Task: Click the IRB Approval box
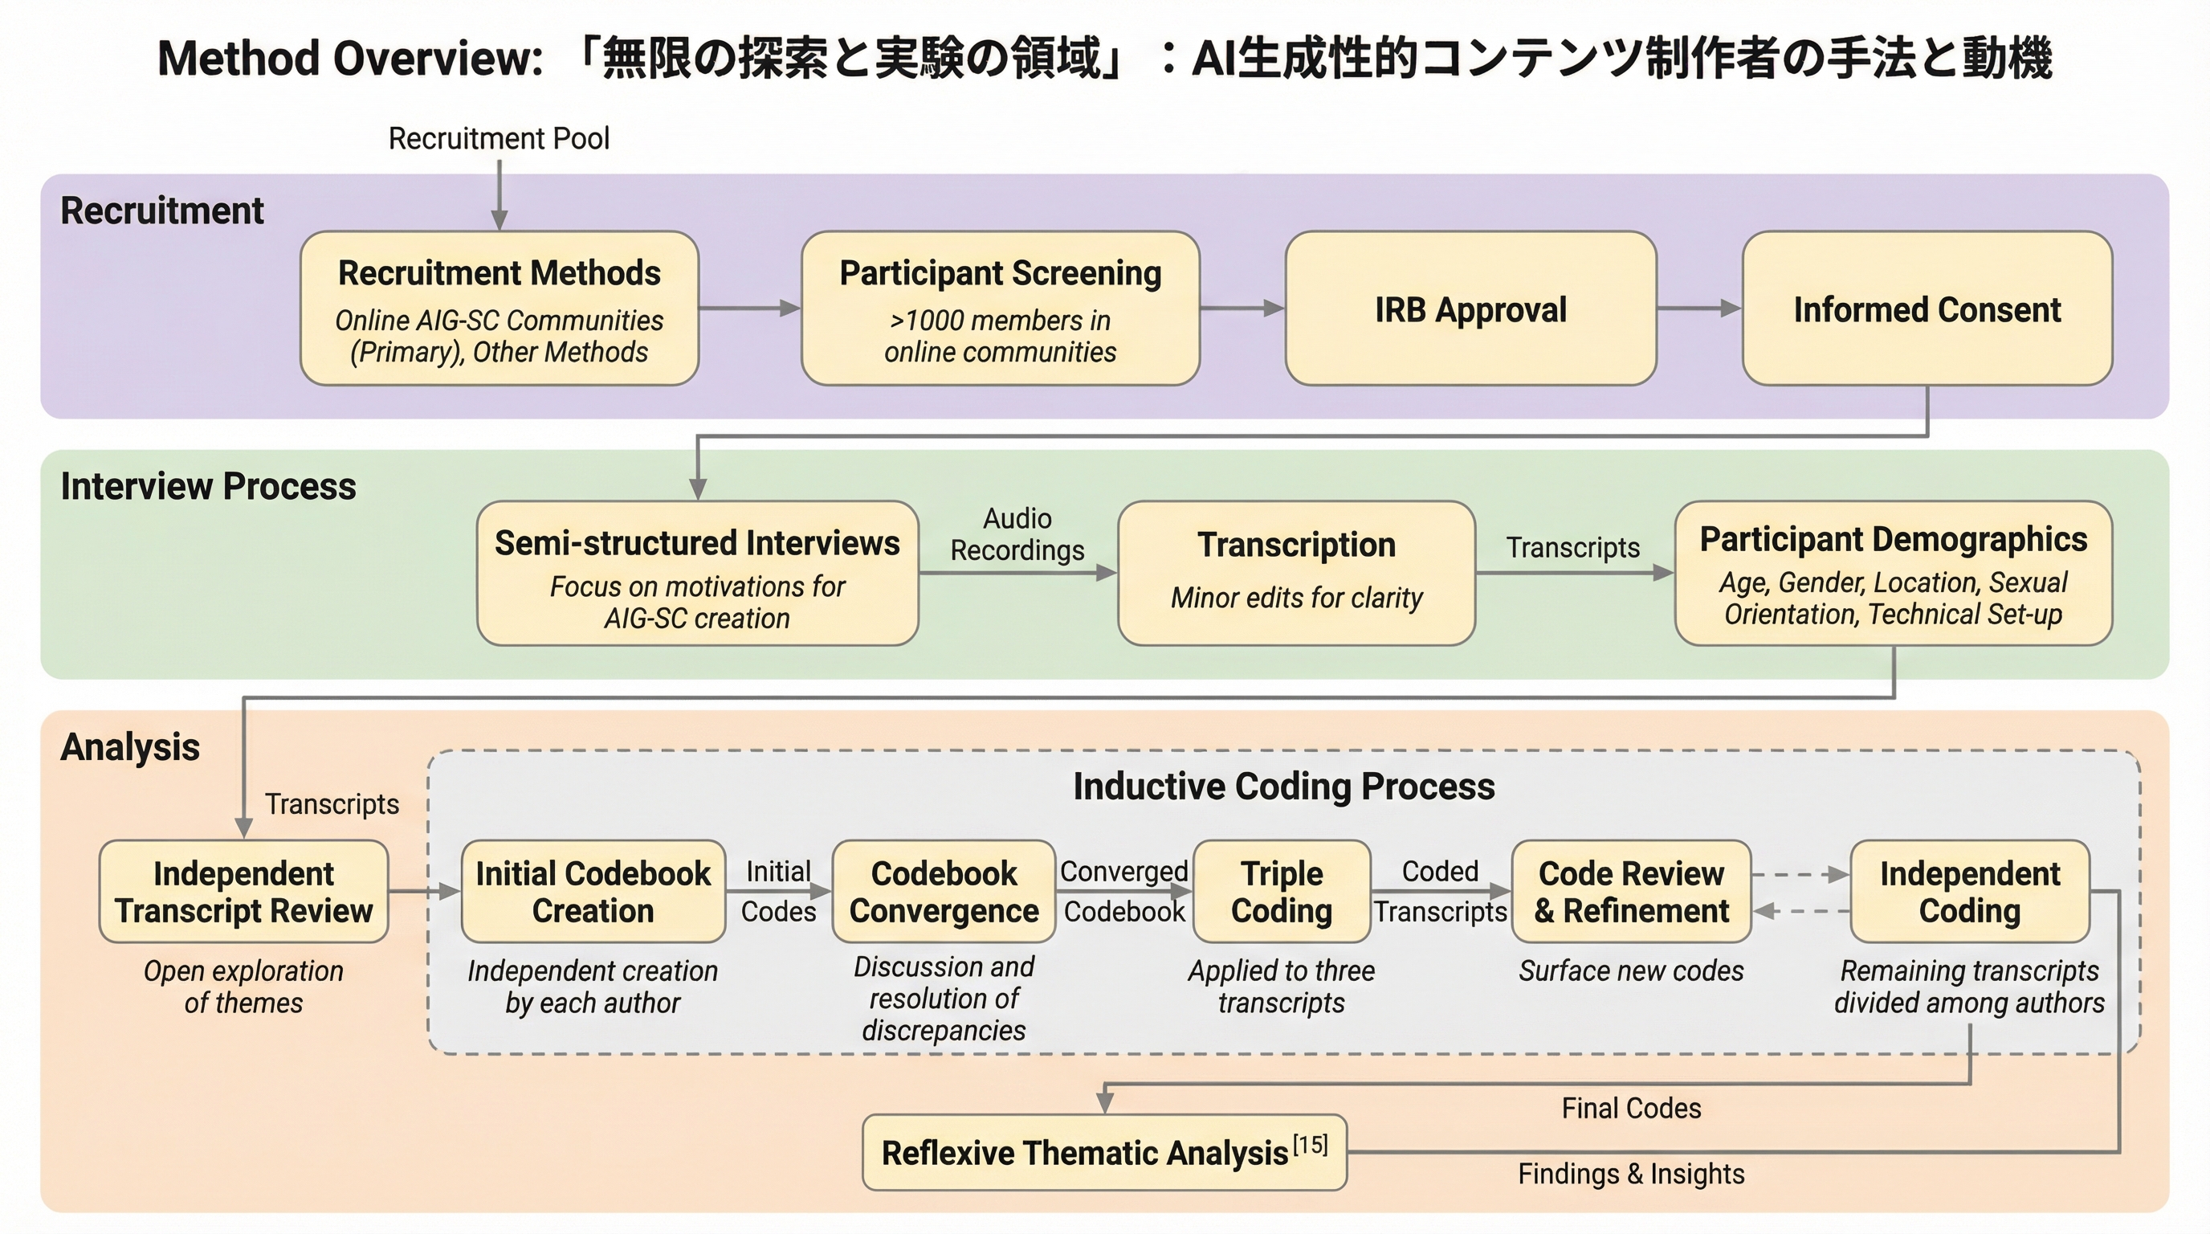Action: tap(1470, 309)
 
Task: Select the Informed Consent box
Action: tap(1927, 309)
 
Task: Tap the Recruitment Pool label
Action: tap(499, 138)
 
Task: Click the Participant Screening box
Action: tap(1001, 309)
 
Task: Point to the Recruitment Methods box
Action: tap(499, 309)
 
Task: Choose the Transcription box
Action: tap(1296, 574)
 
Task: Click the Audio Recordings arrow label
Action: tap(1017, 534)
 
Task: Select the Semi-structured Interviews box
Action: tap(698, 574)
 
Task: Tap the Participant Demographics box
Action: tap(1894, 574)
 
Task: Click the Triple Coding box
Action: tap(1282, 892)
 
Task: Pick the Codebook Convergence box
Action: tap(944, 892)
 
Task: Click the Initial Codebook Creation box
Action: tap(593, 892)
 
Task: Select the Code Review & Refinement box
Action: tap(1631, 892)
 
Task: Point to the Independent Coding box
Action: tap(1970, 892)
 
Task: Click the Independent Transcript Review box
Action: tap(243, 892)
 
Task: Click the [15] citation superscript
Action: tap(1310, 1144)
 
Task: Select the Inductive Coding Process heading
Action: tap(1283, 786)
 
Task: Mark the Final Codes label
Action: tap(1631, 1108)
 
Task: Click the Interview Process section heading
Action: tap(209, 487)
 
